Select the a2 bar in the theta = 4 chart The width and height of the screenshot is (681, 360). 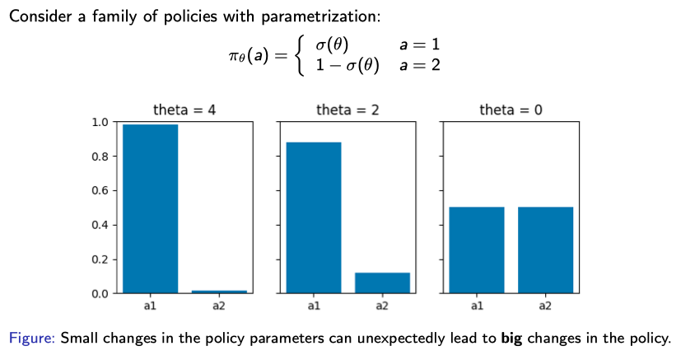218,291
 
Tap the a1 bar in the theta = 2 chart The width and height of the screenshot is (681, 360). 313,217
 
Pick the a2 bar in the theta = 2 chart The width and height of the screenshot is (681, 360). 382,283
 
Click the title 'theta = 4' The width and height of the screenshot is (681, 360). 184,110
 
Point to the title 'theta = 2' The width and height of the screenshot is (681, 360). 347,110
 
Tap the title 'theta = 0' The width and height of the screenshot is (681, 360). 511,110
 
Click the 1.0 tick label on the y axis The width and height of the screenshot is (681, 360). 100,122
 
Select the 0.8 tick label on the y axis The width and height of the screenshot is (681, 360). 100,157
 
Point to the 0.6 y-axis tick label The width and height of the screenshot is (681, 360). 100,191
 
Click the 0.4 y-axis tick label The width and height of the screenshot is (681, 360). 100,225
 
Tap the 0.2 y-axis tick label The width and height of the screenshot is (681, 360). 100,259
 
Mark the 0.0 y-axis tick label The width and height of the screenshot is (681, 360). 100,294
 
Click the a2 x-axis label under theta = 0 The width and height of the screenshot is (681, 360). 545,306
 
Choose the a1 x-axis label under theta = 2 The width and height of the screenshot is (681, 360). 313,306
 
